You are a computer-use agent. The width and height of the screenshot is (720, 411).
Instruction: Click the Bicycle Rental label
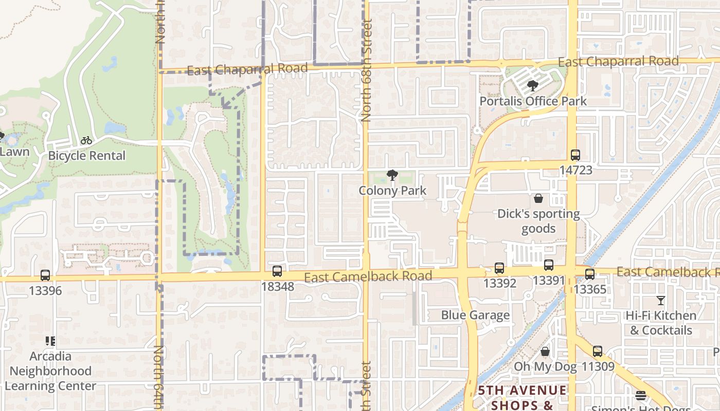tap(86, 156)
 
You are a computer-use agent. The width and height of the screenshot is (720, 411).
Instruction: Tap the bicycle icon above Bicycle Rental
tap(86, 140)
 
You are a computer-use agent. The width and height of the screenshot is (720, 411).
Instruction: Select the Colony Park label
tap(392, 191)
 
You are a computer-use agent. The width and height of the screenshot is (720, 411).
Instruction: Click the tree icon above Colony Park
tap(392, 175)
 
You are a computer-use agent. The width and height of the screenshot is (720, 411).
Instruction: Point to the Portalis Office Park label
tap(533, 101)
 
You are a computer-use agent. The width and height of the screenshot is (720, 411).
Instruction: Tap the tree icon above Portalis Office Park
tap(533, 86)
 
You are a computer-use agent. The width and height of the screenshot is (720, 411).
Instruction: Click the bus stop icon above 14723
tap(575, 155)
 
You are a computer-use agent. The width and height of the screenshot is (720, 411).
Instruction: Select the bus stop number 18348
tap(278, 287)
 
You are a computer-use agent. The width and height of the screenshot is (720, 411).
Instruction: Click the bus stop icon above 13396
tap(45, 275)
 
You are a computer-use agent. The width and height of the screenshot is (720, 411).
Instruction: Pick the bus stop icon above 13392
tap(499, 268)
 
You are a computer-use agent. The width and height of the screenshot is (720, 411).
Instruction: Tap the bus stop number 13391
tap(549, 281)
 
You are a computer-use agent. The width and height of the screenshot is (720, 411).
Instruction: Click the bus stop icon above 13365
tap(590, 274)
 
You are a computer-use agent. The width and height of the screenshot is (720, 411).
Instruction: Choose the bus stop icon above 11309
tap(597, 351)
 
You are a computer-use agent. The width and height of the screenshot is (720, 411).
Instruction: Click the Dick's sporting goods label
tap(538, 221)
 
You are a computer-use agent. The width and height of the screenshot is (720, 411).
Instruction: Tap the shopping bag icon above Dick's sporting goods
tap(538, 198)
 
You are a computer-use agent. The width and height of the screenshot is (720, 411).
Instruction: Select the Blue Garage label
tap(475, 315)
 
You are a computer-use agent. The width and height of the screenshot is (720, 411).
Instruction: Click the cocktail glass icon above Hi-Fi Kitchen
tap(661, 301)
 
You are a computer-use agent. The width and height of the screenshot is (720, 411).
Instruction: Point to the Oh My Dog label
tap(546, 367)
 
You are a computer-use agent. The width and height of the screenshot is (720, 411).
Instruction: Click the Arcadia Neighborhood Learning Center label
tap(50, 371)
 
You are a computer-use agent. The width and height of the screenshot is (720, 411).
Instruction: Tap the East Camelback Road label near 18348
tap(368, 277)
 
